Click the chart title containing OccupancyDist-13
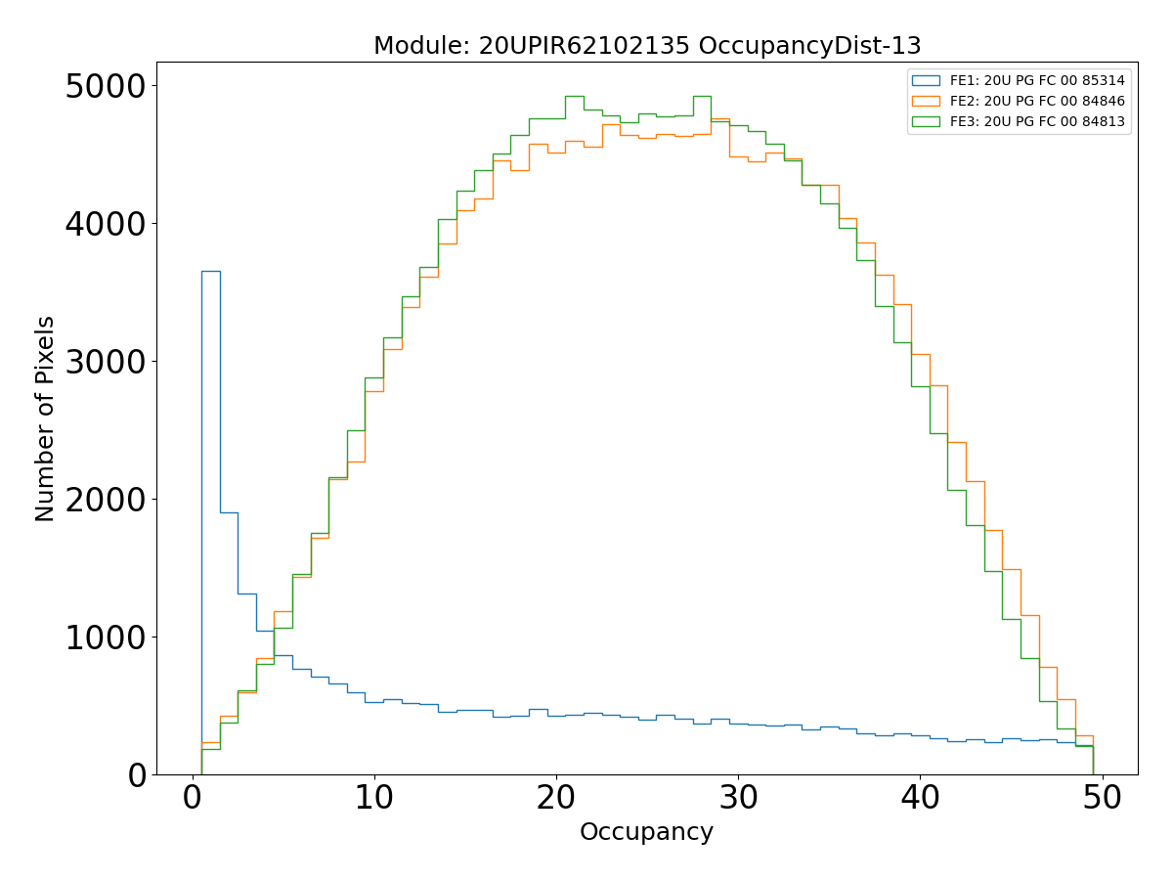coord(647,46)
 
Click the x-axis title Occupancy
coord(646,832)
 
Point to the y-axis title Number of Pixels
coord(46,418)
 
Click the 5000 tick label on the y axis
coord(106,86)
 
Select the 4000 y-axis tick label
coord(106,224)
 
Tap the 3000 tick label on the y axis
coord(106,362)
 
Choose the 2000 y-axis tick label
coord(106,500)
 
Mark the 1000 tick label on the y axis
coord(106,638)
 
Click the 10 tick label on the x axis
coord(374,798)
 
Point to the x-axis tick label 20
coord(556,798)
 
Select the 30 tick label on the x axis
coord(738,798)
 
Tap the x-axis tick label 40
coord(920,798)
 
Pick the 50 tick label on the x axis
coord(1103,798)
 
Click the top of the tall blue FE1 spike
coord(211,271)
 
